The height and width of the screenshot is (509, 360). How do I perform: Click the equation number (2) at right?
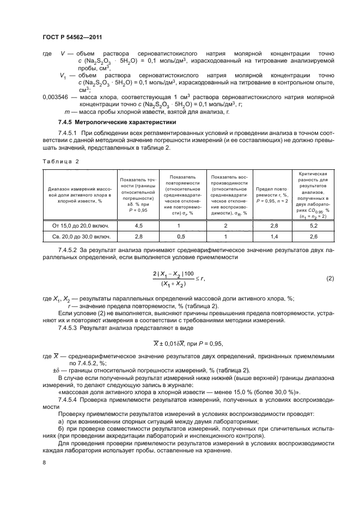pyautogui.click(x=330, y=279)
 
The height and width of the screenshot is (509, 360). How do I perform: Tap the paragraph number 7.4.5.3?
pyautogui.click(x=68, y=328)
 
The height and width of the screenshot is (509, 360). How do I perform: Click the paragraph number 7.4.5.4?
pyautogui.click(x=68, y=399)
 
